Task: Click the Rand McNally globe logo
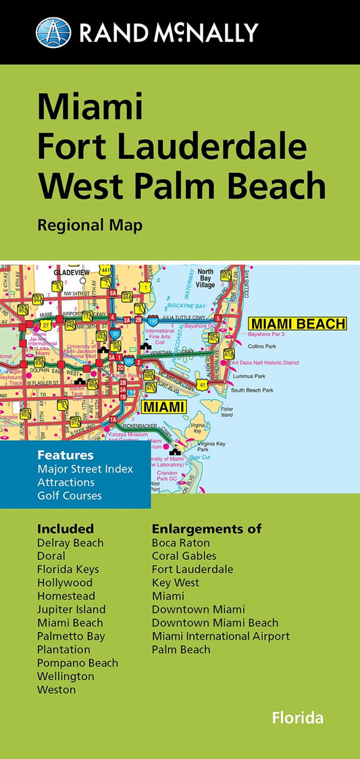(53, 32)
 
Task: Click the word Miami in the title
(90, 108)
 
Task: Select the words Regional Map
(90, 225)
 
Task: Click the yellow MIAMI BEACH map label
(297, 324)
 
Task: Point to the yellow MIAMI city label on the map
(163, 407)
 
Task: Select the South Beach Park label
(252, 390)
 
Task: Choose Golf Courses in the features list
(70, 496)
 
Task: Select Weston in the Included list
(57, 689)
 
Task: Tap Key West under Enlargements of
(176, 582)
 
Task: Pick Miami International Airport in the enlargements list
(221, 636)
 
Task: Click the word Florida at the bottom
(297, 718)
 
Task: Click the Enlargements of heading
(207, 528)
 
